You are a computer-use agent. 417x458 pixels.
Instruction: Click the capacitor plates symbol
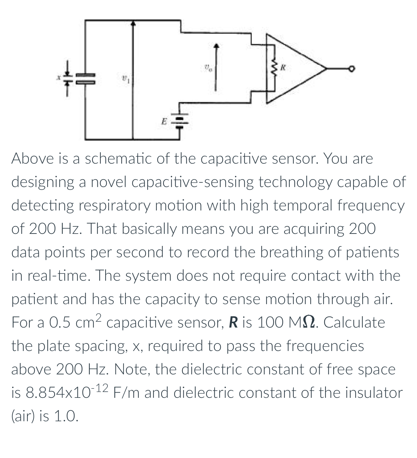click(85, 78)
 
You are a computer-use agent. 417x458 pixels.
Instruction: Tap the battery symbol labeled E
click(180, 122)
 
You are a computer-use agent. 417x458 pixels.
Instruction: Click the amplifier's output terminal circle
click(351, 69)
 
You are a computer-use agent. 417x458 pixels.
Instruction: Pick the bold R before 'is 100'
click(233, 323)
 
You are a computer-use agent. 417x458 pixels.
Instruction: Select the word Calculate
click(354, 323)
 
